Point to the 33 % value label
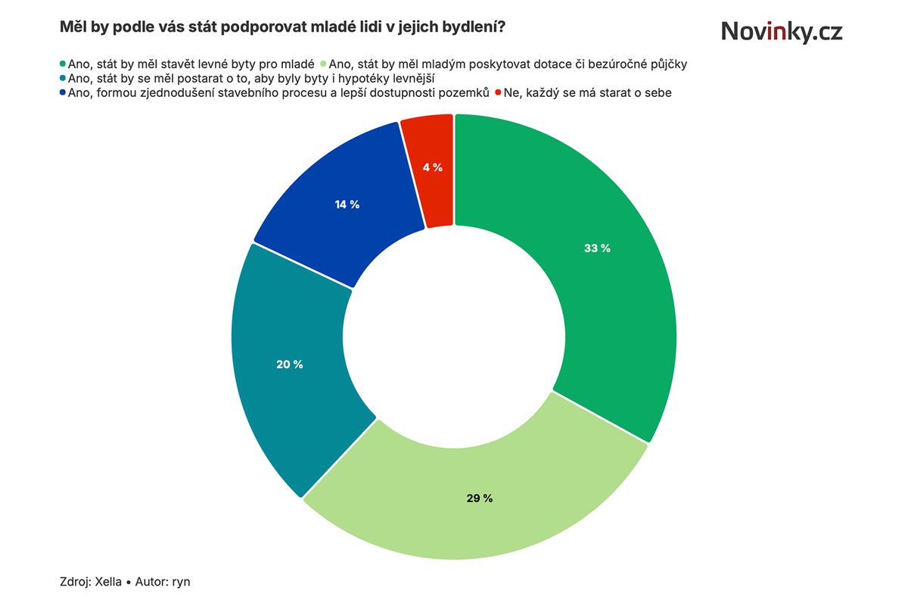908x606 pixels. pyautogui.click(x=597, y=248)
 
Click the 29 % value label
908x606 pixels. pyautogui.click(x=479, y=498)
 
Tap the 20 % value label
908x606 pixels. pyautogui.click(x=290, y=364)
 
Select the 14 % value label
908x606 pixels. pyautogui.click(x=347, y=205)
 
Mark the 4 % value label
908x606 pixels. pyautogui.click(x=433, y=167)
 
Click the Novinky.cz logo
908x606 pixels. pyautogui.click(x=781, y=31)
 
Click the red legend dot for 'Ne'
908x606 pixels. pyautogui.click(x=498, y=93)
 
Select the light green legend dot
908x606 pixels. pyautogui.click(x=324, y=64)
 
